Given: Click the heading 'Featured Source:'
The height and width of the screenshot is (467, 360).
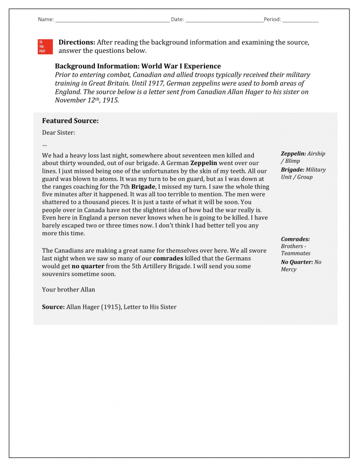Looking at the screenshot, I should click(70, 121).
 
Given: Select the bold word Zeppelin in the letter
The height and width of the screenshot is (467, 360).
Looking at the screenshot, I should click(203, 163).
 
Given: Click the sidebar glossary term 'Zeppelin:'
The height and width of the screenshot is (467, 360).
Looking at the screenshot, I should click(293, 154).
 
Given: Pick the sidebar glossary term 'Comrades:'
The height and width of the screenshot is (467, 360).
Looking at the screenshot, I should click(295, 239).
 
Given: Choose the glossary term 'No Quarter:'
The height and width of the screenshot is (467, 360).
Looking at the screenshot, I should click(297, 262).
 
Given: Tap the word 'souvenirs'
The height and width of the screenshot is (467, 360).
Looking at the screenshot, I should click(56, 274).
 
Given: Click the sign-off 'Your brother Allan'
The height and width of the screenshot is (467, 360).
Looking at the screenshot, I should click(68, 290).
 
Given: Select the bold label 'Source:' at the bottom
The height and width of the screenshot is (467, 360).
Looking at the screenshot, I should click(53, 307).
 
